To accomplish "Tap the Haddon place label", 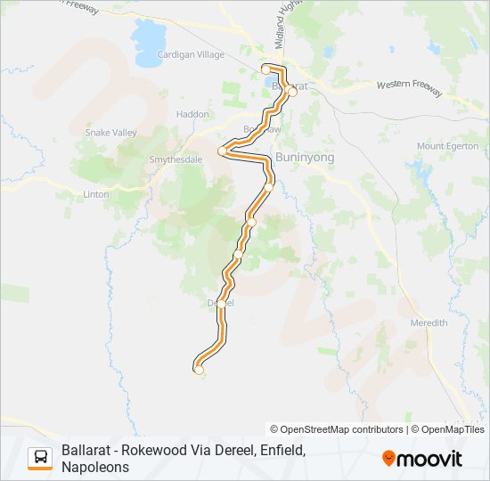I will click(x=192, y=114).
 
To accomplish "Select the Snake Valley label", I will click(x=110, y=133).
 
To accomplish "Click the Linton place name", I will click(x=95, y=193).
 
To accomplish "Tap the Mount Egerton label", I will click(x=448, y=146).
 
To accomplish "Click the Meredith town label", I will click(x=429, y=322).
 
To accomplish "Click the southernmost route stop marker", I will click(x=199, y=370).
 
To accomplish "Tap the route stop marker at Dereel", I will click(x=221, y=303).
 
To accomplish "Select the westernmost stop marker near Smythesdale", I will click(x=223, y=151).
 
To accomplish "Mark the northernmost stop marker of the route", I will click(x=265, y=69).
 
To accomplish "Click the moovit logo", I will click(x=422, y=459).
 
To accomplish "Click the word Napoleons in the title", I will click(x=95, y=467).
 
